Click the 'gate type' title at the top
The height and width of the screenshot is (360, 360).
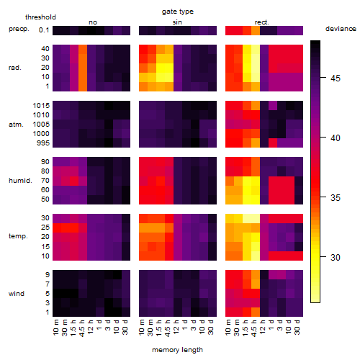pos(178,12)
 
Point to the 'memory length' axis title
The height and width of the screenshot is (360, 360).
pos(177,350)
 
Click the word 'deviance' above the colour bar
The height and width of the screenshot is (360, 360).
pos(341,29)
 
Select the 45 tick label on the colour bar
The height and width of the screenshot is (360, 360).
pos(336,78)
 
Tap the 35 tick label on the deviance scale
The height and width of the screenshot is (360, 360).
pos(336,198)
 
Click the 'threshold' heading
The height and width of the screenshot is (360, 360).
pos(40,17)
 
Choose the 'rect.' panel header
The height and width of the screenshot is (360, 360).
pos(262,22)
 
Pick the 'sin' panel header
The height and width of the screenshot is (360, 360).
pos(177,22)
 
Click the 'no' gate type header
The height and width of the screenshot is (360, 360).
pos(93,22)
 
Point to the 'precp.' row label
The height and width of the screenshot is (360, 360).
pos(19,29)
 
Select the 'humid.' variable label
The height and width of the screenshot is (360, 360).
pos(20,181)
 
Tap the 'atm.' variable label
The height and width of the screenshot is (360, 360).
pos(16,125)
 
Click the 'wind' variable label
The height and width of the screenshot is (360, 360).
pos(17,294)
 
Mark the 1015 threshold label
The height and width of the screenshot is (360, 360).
pos(41,106)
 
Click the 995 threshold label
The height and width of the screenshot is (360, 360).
pos(43,143)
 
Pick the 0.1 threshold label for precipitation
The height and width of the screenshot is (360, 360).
pos(44,30)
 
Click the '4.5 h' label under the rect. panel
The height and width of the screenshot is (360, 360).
pos(253,328)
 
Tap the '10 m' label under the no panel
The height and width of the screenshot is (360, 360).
pos(55,328)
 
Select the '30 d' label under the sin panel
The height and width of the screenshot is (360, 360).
pos(211,327)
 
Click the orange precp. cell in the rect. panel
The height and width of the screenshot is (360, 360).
pos(256,30)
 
